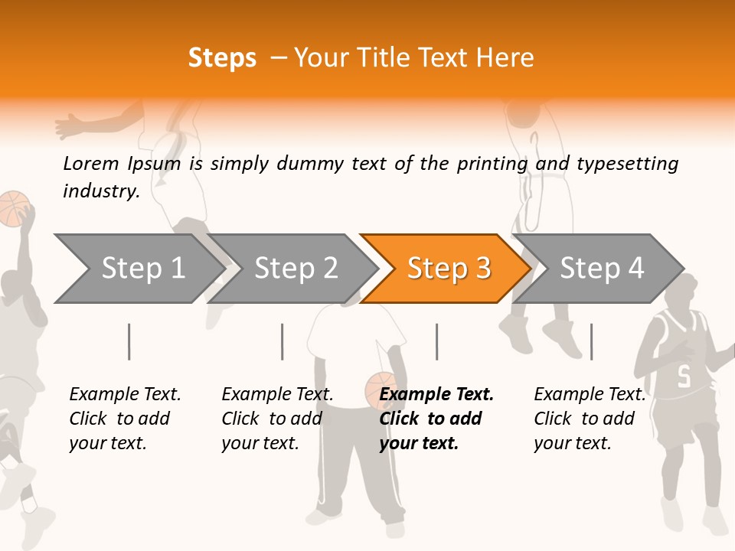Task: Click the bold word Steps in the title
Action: (222, 58)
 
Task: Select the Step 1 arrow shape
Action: (138, 269)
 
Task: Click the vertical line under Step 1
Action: (129, 341)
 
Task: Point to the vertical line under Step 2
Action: (283, 341)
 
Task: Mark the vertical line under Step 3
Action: (436, 341)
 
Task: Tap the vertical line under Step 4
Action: (591, 341)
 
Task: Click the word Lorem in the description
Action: (91, 164)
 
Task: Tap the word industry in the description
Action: (100, 191)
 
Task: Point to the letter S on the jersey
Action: (684, 377)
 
